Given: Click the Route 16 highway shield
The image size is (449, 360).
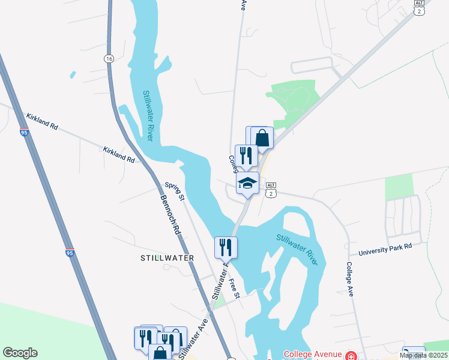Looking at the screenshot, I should [x=109, y=58].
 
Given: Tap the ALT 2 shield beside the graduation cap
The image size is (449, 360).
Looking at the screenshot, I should [x=271, y=189].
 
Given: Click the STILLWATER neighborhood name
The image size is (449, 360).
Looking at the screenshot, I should [x=167, y=258].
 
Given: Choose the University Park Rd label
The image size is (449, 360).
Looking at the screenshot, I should [x=385, y=250].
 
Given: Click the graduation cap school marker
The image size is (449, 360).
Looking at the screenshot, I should [x=247, y=183].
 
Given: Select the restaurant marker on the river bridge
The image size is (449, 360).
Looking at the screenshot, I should [x=226, y=247].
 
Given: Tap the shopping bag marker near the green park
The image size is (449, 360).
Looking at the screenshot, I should [x=262, y=138].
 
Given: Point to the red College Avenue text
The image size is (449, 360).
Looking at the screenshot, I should [x=313, y=355].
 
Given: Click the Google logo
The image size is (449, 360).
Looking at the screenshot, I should [x=20, y=353].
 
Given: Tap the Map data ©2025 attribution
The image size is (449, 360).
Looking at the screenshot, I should [x=423, y=355].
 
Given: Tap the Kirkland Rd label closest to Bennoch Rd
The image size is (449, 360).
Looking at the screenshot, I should [x=118, y=155].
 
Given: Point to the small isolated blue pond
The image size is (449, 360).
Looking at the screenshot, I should [x=73, y=75].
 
